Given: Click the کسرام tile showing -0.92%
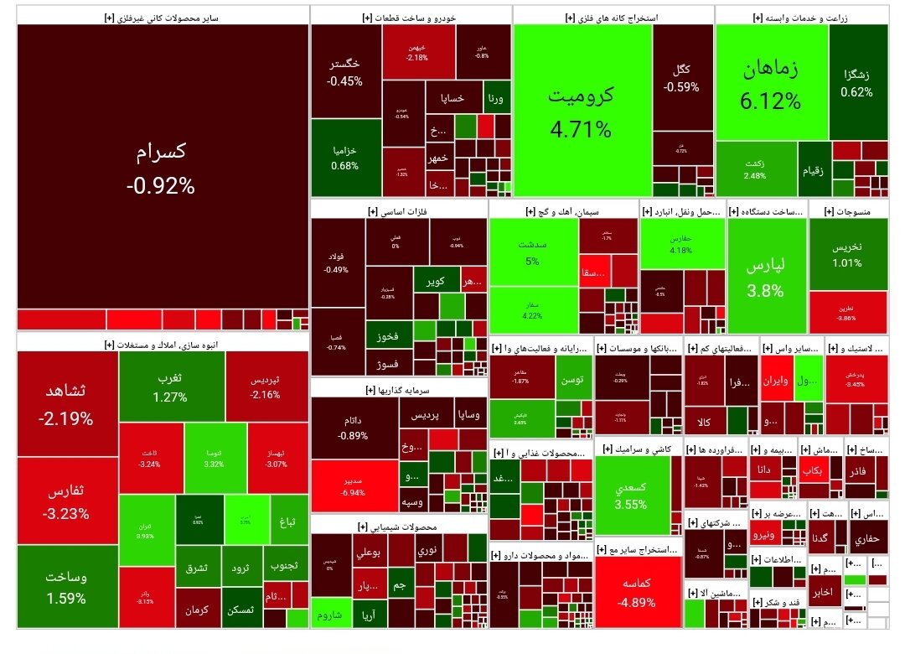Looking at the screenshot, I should coord(161,168).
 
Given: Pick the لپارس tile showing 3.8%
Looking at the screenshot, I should coord(766,277).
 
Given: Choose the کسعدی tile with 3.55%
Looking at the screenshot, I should coord(630,495).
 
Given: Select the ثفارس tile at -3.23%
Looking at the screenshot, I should coord(67,501).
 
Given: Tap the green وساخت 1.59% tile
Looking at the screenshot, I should coord(67,587).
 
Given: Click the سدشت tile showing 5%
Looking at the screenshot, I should coord(532,252).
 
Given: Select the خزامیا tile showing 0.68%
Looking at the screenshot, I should coord(344,157).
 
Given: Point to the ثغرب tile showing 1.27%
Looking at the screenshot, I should coord(170,386).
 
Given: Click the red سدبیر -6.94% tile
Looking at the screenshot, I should coord(352,486).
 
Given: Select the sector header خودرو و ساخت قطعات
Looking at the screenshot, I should coord(411,17).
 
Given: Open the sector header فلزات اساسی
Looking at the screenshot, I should coord(398,212).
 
